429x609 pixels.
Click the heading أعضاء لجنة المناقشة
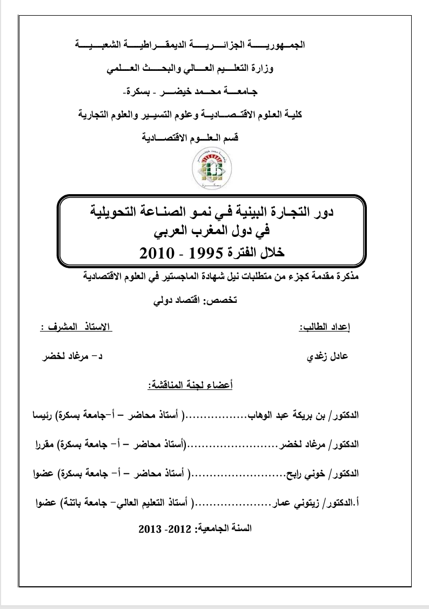tap(190, 386)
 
